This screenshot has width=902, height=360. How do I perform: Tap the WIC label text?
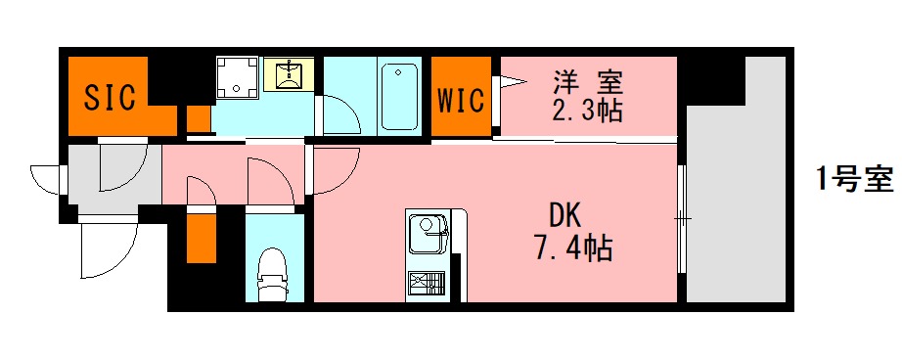tap(461, 101)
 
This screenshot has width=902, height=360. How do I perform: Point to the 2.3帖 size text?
tap(587, 110)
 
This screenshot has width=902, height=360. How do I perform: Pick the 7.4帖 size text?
tap(572, 248)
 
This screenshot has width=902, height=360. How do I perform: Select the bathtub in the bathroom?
tap(399, 96)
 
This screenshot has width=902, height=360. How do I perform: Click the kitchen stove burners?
tap(427, 284)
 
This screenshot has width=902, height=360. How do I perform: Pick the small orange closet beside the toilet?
tap(201, 238)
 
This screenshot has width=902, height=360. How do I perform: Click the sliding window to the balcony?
tap(682, 215)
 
